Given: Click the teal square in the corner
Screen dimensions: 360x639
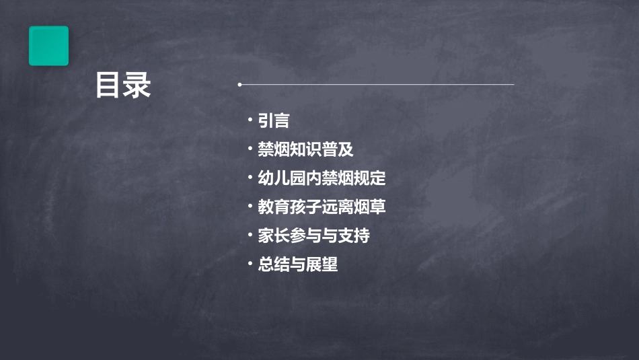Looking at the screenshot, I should click(48, 46).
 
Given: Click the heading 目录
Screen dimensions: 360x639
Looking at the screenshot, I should click(123, 85).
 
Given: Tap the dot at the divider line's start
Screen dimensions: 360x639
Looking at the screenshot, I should click(239, 85).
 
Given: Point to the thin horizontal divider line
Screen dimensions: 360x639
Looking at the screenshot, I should click(377, 85).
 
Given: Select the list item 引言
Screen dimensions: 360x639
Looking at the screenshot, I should click(273, 121).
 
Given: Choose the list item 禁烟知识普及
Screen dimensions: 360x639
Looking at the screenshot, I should click(305, 149).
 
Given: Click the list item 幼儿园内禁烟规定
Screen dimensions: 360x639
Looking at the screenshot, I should click(322, 178).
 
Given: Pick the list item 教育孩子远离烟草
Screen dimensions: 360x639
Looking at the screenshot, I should click(322, 207).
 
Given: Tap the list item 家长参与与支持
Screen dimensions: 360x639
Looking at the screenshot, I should click(313, 236).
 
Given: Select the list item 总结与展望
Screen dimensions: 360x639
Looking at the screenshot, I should click(297, 264).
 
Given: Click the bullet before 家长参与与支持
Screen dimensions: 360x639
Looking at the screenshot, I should click(250, 235).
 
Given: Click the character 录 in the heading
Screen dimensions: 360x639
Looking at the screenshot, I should click(137, 85).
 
